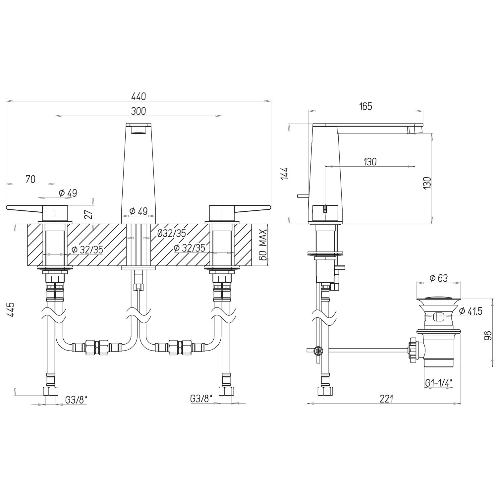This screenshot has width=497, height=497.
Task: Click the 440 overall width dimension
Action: tap(138, 96)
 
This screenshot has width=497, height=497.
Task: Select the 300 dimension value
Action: tap(138, 111)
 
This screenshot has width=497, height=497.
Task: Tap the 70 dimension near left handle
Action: tap(30, 179)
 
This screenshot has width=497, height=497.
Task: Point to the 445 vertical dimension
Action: tap(11, 309)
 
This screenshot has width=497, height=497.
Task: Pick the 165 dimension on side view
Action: tap(365, 106)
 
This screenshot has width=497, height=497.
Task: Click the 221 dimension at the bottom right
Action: tap(386, 399)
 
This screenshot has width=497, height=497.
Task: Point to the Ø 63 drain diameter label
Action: tap(438, 278)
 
